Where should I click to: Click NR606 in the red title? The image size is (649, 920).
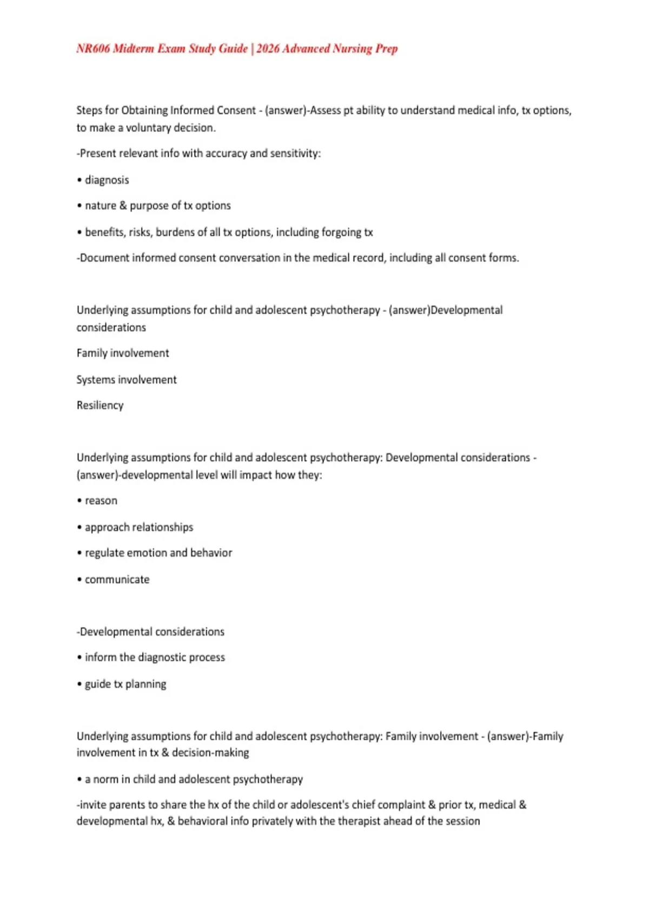pyautogui.click(x=93, y=49)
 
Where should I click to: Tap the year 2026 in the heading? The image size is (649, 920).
pyautogui.click(x=268, y=49)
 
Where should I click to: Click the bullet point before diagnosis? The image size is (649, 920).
pyautogui.click(x=80, y=180)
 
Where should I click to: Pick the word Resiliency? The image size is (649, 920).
pyautogui.click(x=100, y=405)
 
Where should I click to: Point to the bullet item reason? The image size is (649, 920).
pyautogui.click(x=101, y=501)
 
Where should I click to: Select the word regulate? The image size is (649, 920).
pyautogui.click(x=104, y=553)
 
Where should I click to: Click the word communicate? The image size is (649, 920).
pyautogui.click(x=117, y=580)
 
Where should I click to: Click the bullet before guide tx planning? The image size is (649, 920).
pyautogui.click(x=80, y=684)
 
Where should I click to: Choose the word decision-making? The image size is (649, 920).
pyautogui.click(x=210, y=753)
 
